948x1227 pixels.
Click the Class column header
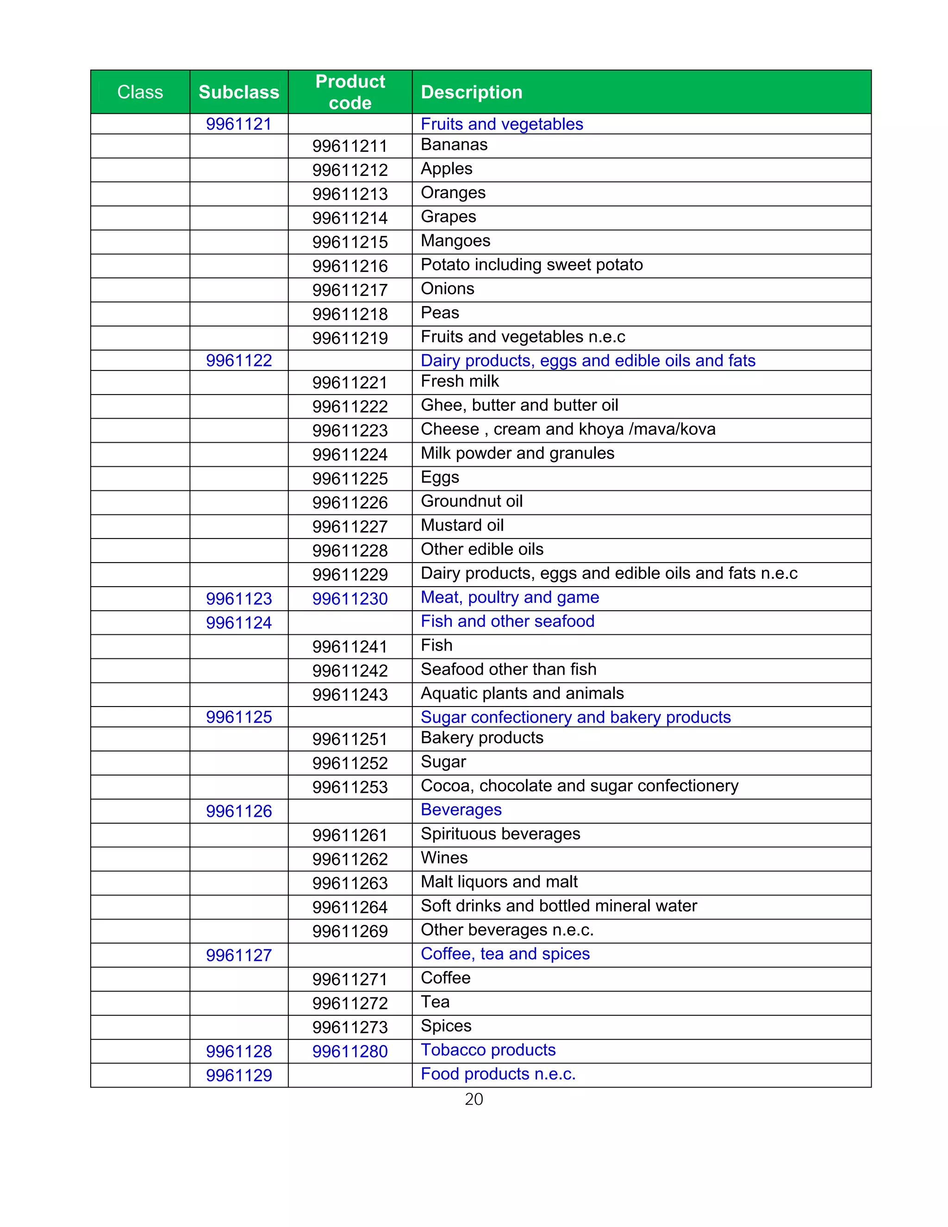(140, 92)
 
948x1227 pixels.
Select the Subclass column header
(239, 92)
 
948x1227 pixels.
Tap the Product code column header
(350, 92)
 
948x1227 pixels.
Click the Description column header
(471, 92)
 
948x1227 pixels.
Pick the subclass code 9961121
(239, 124)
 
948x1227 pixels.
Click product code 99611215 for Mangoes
(350, 242)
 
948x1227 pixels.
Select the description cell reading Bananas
(454, 145)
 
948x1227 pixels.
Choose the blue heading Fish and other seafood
(507, 621)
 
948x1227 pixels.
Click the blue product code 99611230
(350, 599)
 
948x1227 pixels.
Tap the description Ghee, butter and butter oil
(519, 405)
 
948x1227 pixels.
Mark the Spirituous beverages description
(500, 834)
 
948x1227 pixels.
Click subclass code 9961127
(239, 955)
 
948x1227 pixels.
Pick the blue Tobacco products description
(488, 1050)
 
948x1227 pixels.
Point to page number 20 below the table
(474, 1100)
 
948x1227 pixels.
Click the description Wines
(443, 858)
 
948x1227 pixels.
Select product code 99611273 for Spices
(350, 1027)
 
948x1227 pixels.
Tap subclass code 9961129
(239, 1075)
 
